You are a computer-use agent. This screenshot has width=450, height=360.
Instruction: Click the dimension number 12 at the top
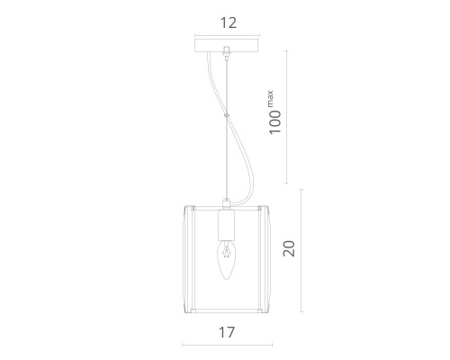(x=229, y=23)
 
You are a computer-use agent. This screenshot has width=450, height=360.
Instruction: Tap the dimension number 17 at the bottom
(x=227, y=332)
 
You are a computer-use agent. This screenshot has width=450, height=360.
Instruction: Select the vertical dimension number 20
(x=289, y=248)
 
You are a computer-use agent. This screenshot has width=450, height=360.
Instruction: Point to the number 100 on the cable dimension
(x=275, y=122)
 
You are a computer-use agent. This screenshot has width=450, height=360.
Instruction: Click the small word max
(x=270, y=98)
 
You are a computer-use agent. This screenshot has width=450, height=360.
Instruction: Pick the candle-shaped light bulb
(x=227, y=260)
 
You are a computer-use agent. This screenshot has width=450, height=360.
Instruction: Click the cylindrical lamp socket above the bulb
(x=227, y=225)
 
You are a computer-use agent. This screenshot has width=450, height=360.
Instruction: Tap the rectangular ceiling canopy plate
(x=227, y=45)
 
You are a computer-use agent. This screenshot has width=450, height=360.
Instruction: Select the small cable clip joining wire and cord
(x=227, y=114)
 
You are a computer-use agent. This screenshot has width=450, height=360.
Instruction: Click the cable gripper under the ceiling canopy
(x=227, y=51)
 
